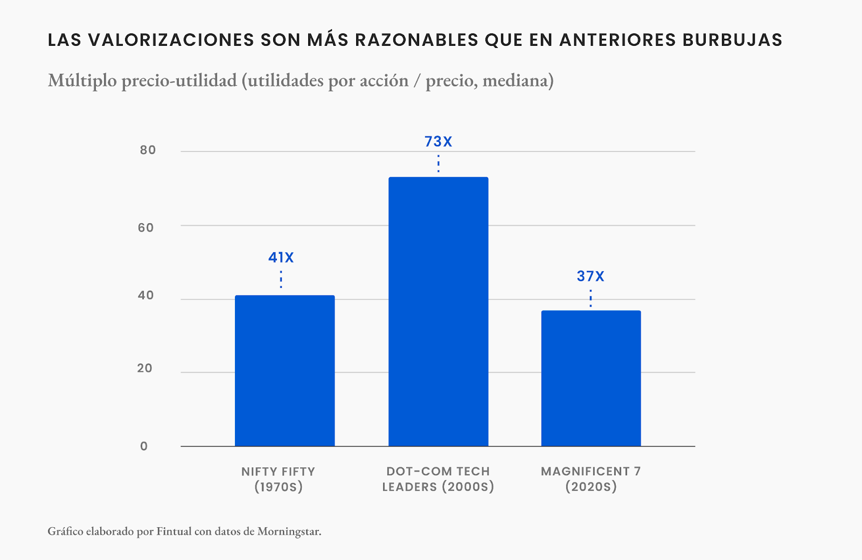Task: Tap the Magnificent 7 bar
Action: (x=591, y=378)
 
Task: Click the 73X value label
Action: (x=438, y=142)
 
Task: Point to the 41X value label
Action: (x=281, y=258)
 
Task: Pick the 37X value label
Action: (x=590, y=276)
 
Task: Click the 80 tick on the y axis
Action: (x=148, y=150)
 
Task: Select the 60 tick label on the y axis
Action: (x=145, y=227)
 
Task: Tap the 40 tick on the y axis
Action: (x=145, y=295)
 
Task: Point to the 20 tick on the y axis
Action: (x=144, y=369)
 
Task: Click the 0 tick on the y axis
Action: (x=144, y=446)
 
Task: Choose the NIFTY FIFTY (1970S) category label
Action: (x=279, y=479)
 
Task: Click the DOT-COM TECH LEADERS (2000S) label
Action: (x=438, y=479)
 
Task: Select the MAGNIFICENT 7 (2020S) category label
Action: (x=591, y=479)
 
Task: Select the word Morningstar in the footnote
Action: (x=289, y=531)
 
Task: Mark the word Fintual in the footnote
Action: (x=173, y=531)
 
